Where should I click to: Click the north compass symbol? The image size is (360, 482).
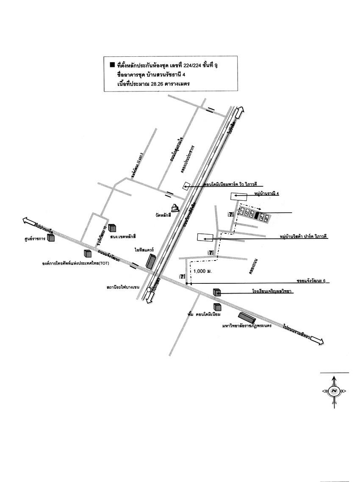(x=334, y=391)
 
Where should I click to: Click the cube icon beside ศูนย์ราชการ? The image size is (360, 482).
(x=51, y=238)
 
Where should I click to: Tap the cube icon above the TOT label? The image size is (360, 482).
(x=88, y=253)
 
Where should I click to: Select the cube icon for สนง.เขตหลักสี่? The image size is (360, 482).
(x=112, y=227)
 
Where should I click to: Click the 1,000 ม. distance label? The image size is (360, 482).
(x=202, y=271)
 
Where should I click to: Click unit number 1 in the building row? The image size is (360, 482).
(x=242, y=211)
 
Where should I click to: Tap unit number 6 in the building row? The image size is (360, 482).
(x=267, y=218)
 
